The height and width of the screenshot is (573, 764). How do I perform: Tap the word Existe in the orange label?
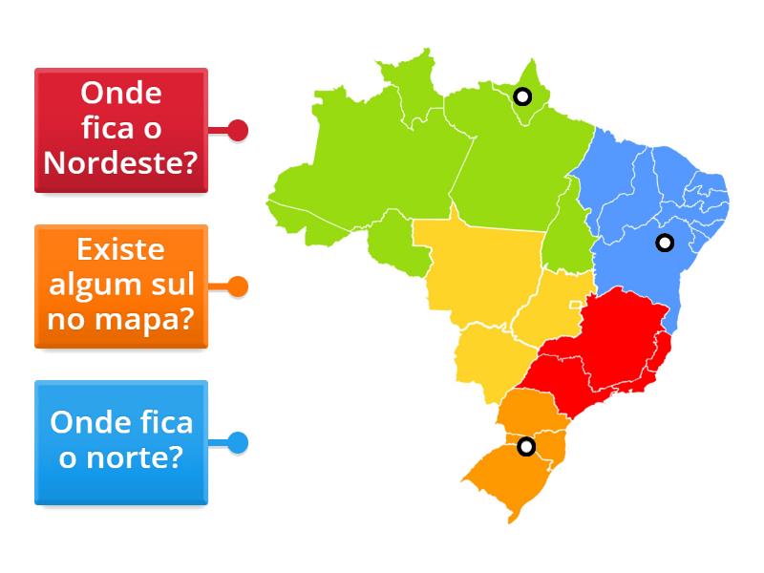121,251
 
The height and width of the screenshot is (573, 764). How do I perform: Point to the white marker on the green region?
521,95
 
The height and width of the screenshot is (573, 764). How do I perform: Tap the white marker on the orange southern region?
525,446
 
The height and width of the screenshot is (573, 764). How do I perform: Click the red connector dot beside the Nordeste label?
238,130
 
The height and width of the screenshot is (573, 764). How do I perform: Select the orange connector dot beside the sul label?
238,286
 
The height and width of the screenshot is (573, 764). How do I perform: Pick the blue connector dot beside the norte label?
238,442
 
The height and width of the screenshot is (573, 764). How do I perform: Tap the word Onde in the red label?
121,94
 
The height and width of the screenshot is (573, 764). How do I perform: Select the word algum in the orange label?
93,285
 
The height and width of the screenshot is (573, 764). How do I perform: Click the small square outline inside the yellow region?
575,305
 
